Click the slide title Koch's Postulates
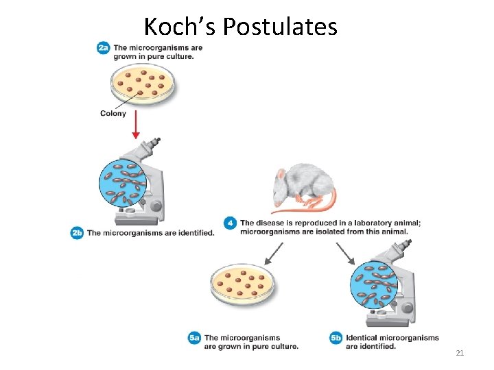(240, 27)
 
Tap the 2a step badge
(103, 48)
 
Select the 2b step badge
(77, 233)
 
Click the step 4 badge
(231, 223)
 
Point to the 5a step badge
(194, 338)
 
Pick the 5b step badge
(336, 338)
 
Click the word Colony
(113, 113)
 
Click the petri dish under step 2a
(142, 84)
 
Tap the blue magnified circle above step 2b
(123, 183)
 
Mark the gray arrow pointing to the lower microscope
(345, 254)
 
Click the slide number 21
(460, 353)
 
